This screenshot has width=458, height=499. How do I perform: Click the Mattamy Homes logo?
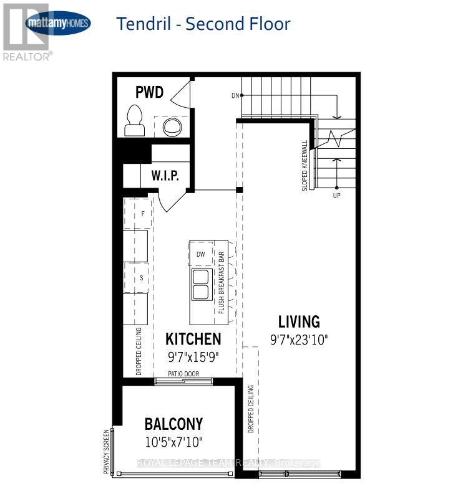point(58,24)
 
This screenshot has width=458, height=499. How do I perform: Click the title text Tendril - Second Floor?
point(203,24)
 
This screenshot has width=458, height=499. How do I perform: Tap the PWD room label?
point(149,93)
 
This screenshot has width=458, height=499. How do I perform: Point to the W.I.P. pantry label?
point(165,176)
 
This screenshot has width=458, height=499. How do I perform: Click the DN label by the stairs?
point(235,95)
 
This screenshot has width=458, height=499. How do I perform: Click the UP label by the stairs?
point(337,195)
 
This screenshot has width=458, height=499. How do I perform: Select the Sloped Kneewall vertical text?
point(305,165)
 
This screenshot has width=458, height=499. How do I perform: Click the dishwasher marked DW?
point(201,254)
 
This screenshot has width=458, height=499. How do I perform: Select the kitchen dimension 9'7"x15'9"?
point(193,358)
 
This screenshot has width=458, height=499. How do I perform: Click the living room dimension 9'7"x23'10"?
point(299,340)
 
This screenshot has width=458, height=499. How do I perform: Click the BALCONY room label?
point(173,424)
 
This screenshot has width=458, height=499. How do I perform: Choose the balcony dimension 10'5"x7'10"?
point(173,442)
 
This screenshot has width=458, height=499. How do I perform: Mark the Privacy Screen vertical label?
point(106,451)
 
